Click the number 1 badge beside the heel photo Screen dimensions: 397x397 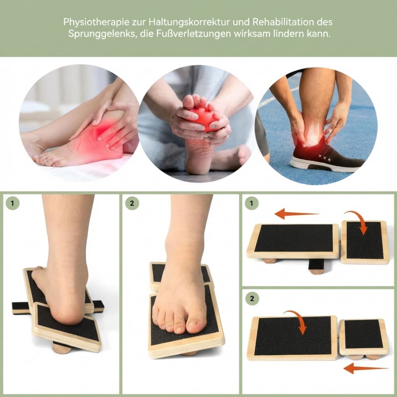[12, 203]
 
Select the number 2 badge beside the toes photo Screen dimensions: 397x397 [132, 203]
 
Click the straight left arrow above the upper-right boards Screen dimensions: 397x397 [296, 214]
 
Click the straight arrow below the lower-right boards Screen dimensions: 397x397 [366, 368]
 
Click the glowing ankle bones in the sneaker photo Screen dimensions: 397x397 [313, 132]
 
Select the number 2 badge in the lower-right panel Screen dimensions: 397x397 [252, 298]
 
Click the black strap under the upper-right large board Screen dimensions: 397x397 [312, 265]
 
